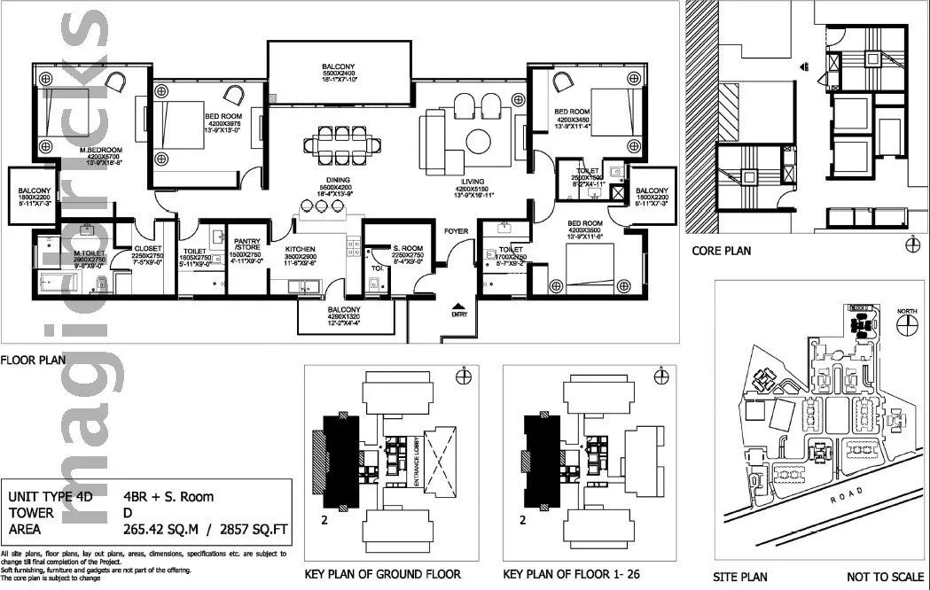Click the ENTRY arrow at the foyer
click(x=458, y=303)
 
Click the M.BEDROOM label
click(x=93, y=149)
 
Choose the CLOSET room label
click(x=148, y=249)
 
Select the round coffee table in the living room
click(x=479, y=141)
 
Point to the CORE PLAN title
click(x=721, y=251)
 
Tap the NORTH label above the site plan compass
click(x=907, y=312)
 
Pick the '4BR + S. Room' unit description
click(x=168, y=497)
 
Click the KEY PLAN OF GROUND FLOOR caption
click(x=382, y=574)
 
